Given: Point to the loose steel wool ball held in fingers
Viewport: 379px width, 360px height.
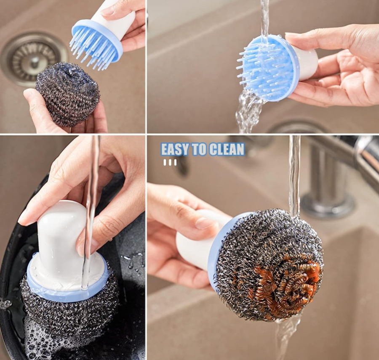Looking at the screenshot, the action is click(67, 94).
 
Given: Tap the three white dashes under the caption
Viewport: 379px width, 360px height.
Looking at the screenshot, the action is click(170, 162).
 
